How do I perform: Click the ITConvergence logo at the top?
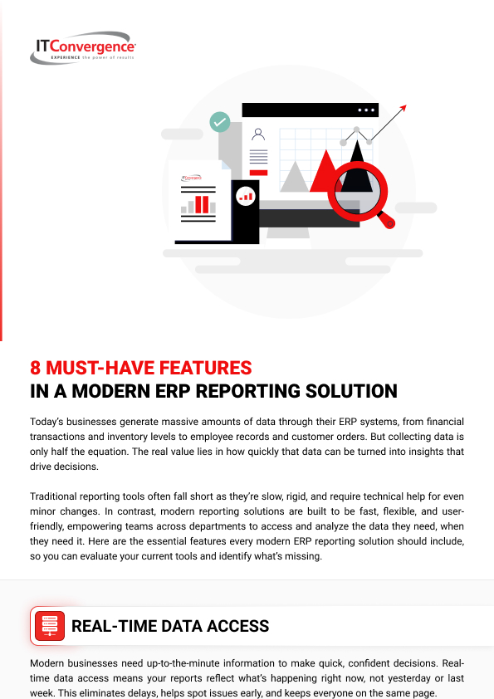[83, 47]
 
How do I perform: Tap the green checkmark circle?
[220, 122]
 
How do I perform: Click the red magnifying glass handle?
[386, 220]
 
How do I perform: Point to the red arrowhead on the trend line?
[403, 108]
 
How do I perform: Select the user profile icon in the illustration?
[258, 134]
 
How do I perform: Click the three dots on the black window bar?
[366, 110]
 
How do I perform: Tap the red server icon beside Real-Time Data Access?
[50, 626]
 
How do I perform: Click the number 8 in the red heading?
[35, 368]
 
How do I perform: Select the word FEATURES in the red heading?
[206, 368]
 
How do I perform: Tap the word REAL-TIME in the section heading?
[113, 626]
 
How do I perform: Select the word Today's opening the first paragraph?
[46, 422]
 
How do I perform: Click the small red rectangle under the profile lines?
[258, 173]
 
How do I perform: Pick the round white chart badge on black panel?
[245, 196]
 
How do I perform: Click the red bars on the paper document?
[202, 204]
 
